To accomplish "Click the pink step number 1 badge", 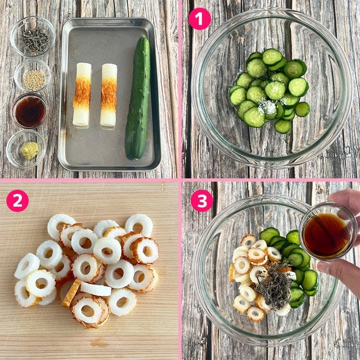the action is click(199, 19).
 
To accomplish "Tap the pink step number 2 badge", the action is click(17, 200).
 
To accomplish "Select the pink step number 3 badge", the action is click(202, 200).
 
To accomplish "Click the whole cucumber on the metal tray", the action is click(138, 97).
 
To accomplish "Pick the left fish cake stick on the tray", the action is click(82, 94).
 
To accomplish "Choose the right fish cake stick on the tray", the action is click(109, 95).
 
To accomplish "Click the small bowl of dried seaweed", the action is click(33, 36).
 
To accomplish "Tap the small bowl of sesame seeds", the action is click(32, 76).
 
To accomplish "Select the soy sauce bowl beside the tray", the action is click(30, 111).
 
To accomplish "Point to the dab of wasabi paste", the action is click(30, 150).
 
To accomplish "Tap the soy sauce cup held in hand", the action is click(328, 232).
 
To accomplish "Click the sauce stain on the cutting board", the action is click(99, 344).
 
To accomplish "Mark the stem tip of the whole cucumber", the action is click(144, 37).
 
